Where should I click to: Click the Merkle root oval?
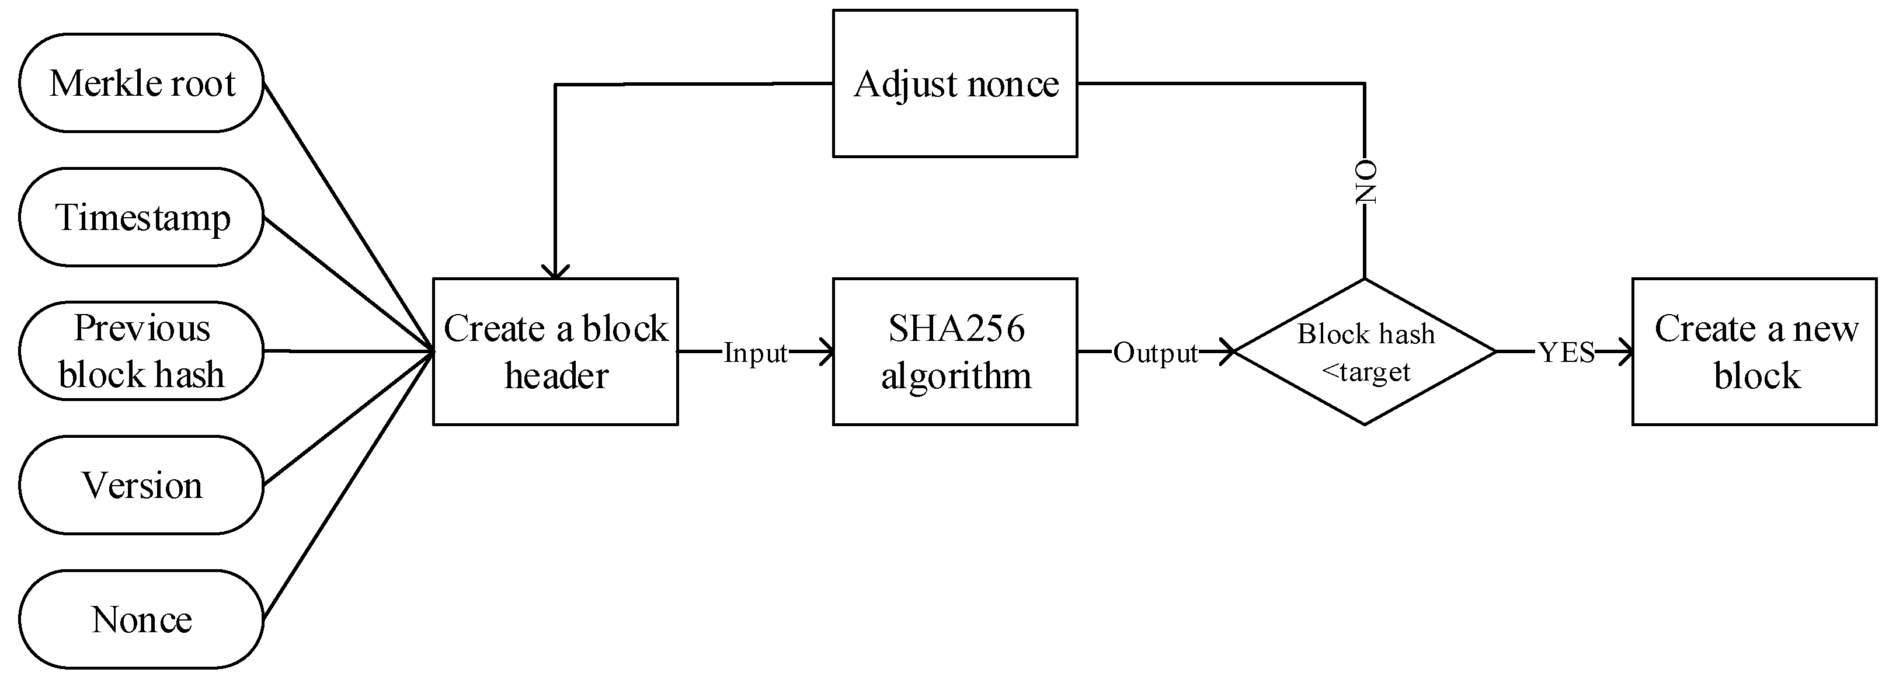141,83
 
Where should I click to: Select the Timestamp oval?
141,217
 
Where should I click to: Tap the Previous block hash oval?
141,351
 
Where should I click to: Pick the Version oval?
141,485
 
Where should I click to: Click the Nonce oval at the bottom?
141,619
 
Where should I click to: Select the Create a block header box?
555,351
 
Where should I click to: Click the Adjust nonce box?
955,83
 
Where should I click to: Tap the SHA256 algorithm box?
955,351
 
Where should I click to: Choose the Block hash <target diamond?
1365,351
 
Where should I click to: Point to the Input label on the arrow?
755,353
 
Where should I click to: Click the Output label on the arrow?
1155,353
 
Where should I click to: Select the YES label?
1566,353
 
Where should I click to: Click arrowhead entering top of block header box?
555,271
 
